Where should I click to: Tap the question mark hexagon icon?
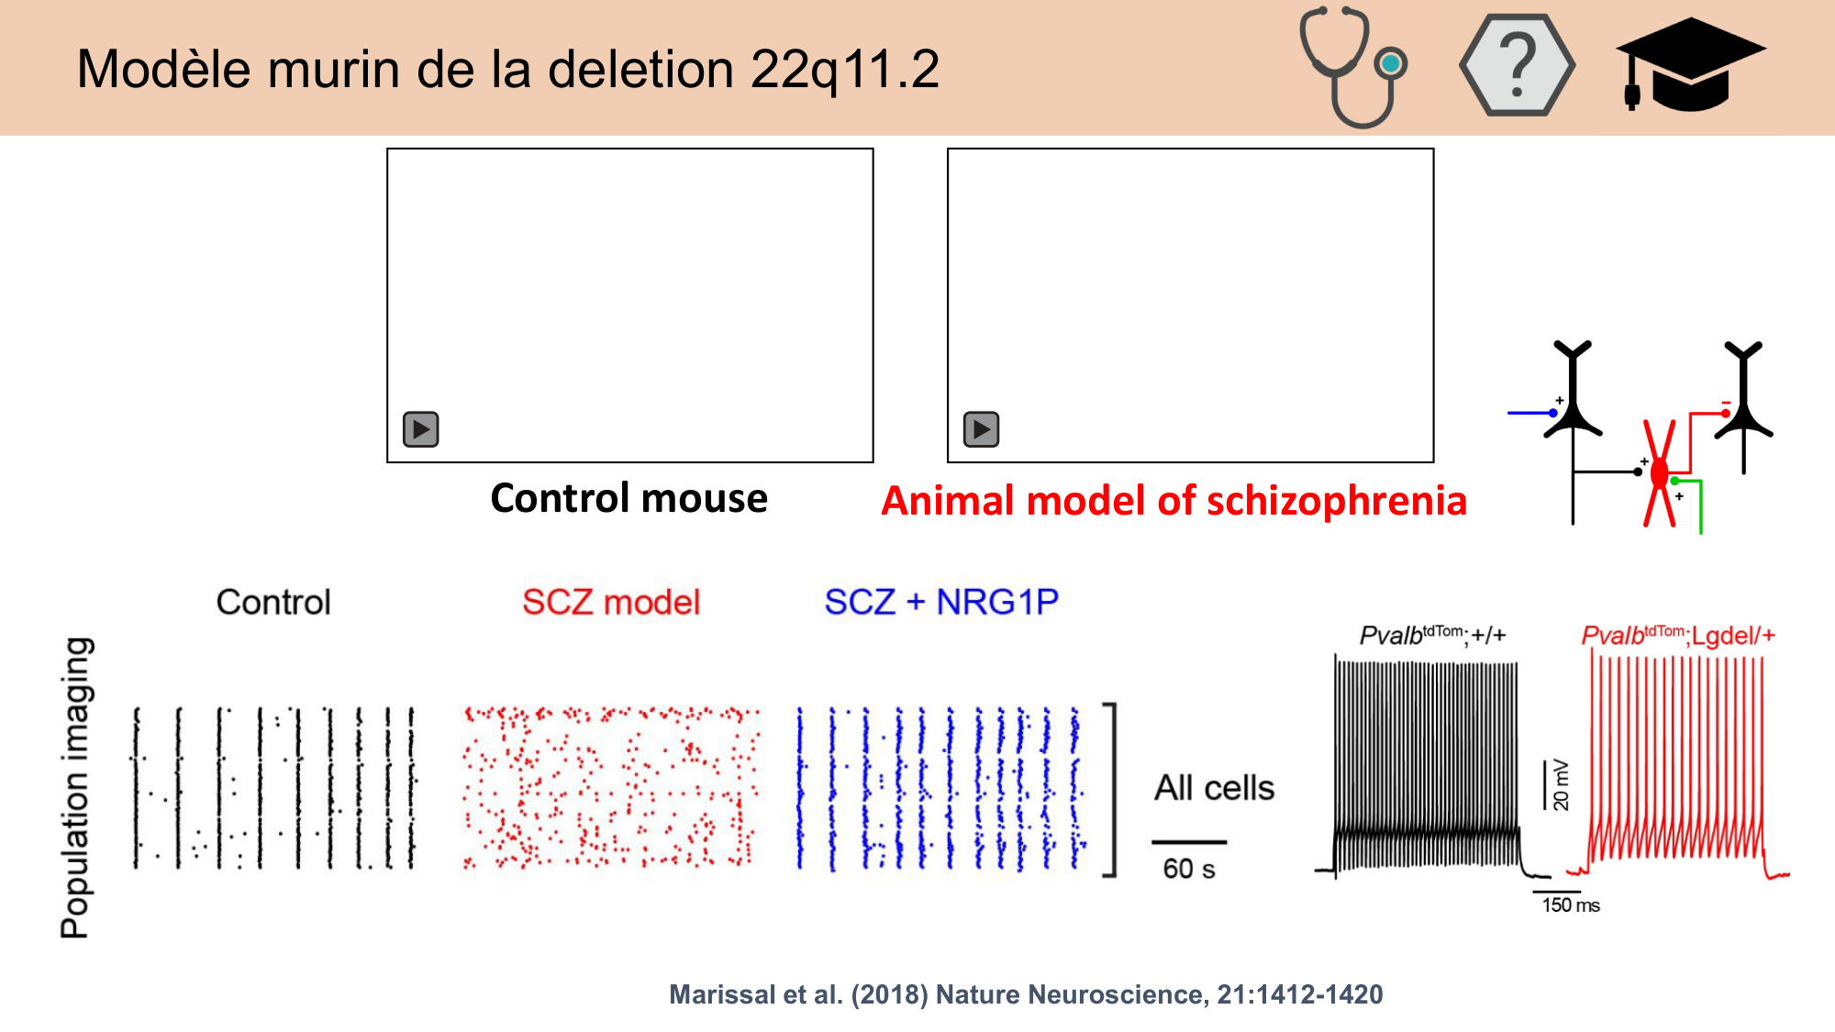point(1517,65)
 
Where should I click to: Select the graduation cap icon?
point(1689,65)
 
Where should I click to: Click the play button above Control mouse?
point(421,429)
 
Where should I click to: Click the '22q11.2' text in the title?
point(844,70)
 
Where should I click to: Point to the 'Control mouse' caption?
point(628,498)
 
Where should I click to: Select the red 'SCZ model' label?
point(611,603)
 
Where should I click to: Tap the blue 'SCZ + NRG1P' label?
point(941,603)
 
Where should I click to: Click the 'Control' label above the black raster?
point(273,603)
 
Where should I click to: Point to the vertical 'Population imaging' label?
point(76,787)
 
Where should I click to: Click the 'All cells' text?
point(1214,788)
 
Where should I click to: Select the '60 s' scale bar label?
point(1189,869)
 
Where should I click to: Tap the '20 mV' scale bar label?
point(1561,786)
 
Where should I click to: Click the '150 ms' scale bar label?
point(1570,905)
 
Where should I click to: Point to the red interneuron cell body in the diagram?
point(1659,474)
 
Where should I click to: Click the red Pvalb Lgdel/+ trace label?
point(1678,635)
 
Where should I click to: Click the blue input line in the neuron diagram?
point(1529,413)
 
